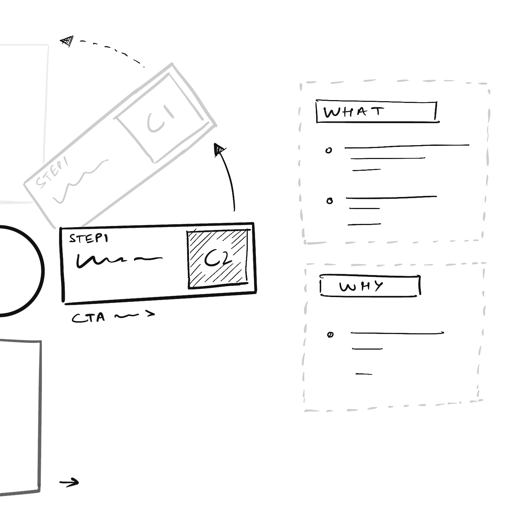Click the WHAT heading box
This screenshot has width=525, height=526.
pyautogui.click(x=376, y=112)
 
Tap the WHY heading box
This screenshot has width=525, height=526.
pyautogui.click(x=370, y=286)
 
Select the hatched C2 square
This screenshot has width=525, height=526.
pyautogui.click(x=217, y=259)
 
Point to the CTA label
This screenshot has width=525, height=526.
pyautogui.click(x=89, y=317)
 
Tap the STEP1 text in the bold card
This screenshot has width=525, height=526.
pyautogui.click(x=88, y=239)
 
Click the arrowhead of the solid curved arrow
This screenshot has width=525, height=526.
pyautogui.click(x=219, y=149)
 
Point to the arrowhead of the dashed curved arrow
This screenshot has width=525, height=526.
pyautogui.click(x=67, y=41)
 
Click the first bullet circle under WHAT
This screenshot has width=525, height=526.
pyautogui.click(x=329, y=150)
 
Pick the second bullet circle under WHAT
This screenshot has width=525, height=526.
pyautogui.click(x=330, y=201)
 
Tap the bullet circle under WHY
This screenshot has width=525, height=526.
pyautogui.click(x=330, y=335)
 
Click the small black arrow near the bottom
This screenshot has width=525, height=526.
pyautogui.click(x=69, y=482)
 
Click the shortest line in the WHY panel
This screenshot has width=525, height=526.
pyautogui.click(x=364, y=374)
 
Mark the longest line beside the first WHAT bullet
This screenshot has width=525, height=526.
pyautogui.click(x=407, y=146)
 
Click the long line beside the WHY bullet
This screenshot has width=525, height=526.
pyautogui.click(x=397, y=333)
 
